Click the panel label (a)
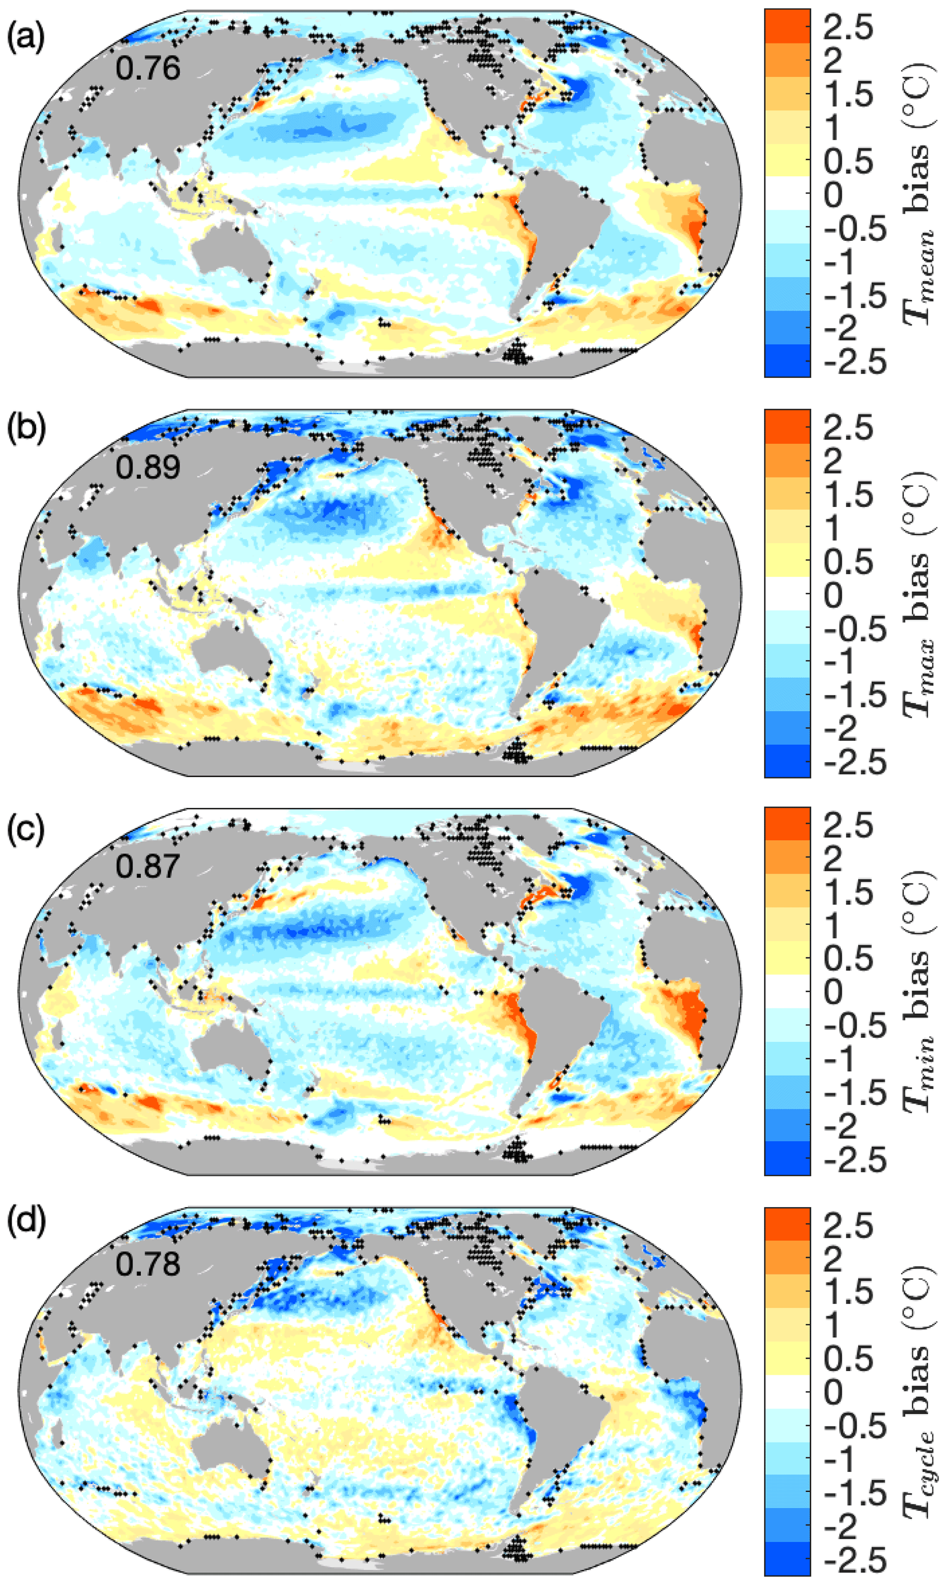26,39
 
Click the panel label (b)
26,438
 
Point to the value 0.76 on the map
148,68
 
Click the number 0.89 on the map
148,467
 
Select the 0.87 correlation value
148,866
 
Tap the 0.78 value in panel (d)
148,1264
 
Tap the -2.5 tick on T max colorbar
854,762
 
